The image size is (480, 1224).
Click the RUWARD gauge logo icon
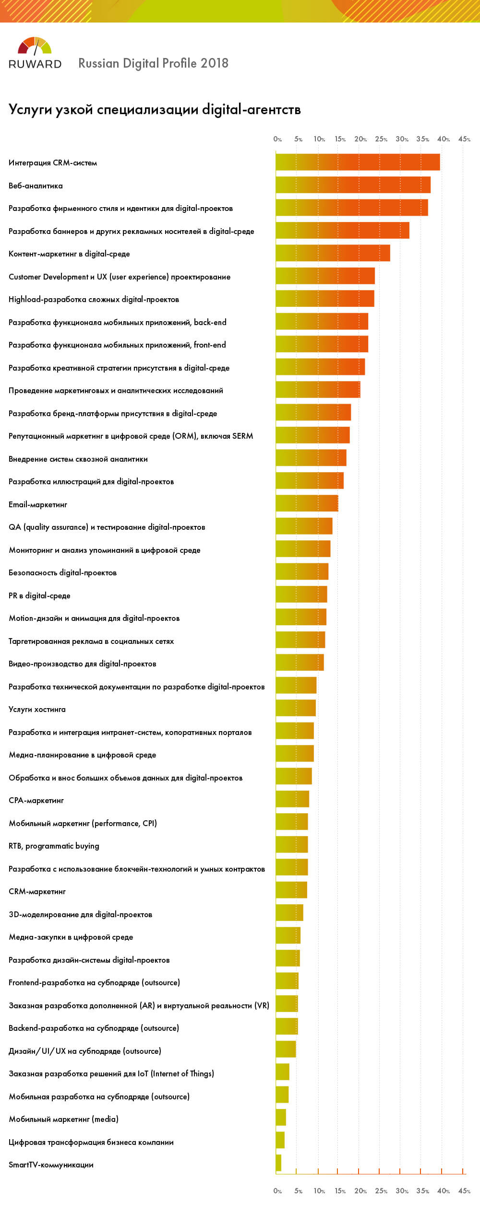[35, 46]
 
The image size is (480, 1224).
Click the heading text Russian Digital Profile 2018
[153, 63]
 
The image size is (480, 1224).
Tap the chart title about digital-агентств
[155, 110]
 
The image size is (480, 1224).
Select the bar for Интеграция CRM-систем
[358, 163]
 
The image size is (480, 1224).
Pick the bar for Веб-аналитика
[353, 185]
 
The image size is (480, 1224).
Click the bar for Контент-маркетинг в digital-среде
[333, 253]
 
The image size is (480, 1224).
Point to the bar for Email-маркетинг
[307, 503]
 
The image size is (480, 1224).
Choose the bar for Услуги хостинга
[296, 708]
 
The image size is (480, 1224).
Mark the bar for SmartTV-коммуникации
[278, 1163]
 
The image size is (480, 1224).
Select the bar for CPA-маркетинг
[292, 799]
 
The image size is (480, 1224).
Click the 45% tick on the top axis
[464, 139]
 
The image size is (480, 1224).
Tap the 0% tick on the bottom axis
[277, 1191]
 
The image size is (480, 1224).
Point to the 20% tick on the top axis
[360, 139]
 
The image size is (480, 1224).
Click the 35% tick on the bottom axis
[422, 1191]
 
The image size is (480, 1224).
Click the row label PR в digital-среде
[39, 595]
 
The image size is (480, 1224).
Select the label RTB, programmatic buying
[54, 846]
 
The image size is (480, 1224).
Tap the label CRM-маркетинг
[37, 891]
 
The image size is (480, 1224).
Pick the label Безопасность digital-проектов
[62, 572]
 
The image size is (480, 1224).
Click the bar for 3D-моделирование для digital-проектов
[289, 913]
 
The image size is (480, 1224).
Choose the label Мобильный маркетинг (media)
[63, 1119]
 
